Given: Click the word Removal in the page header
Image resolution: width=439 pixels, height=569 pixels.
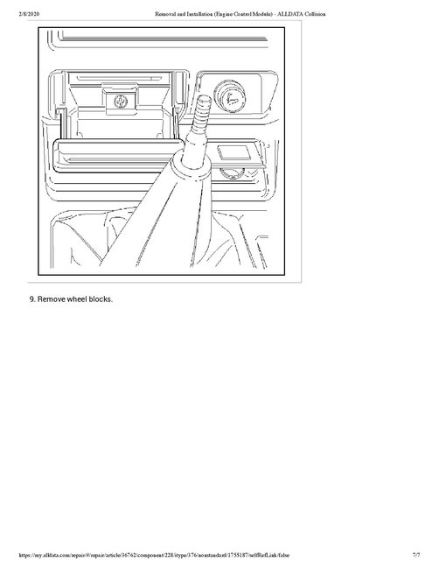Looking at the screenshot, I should point(165,6).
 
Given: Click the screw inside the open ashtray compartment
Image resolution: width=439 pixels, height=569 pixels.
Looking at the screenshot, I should point(118,102).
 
